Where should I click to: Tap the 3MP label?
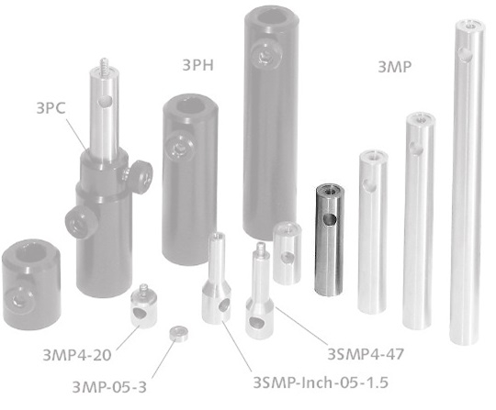(x=394, y=66)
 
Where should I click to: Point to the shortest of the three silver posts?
(x=371, y=225)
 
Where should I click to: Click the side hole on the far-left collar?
(x=17, y=295)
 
